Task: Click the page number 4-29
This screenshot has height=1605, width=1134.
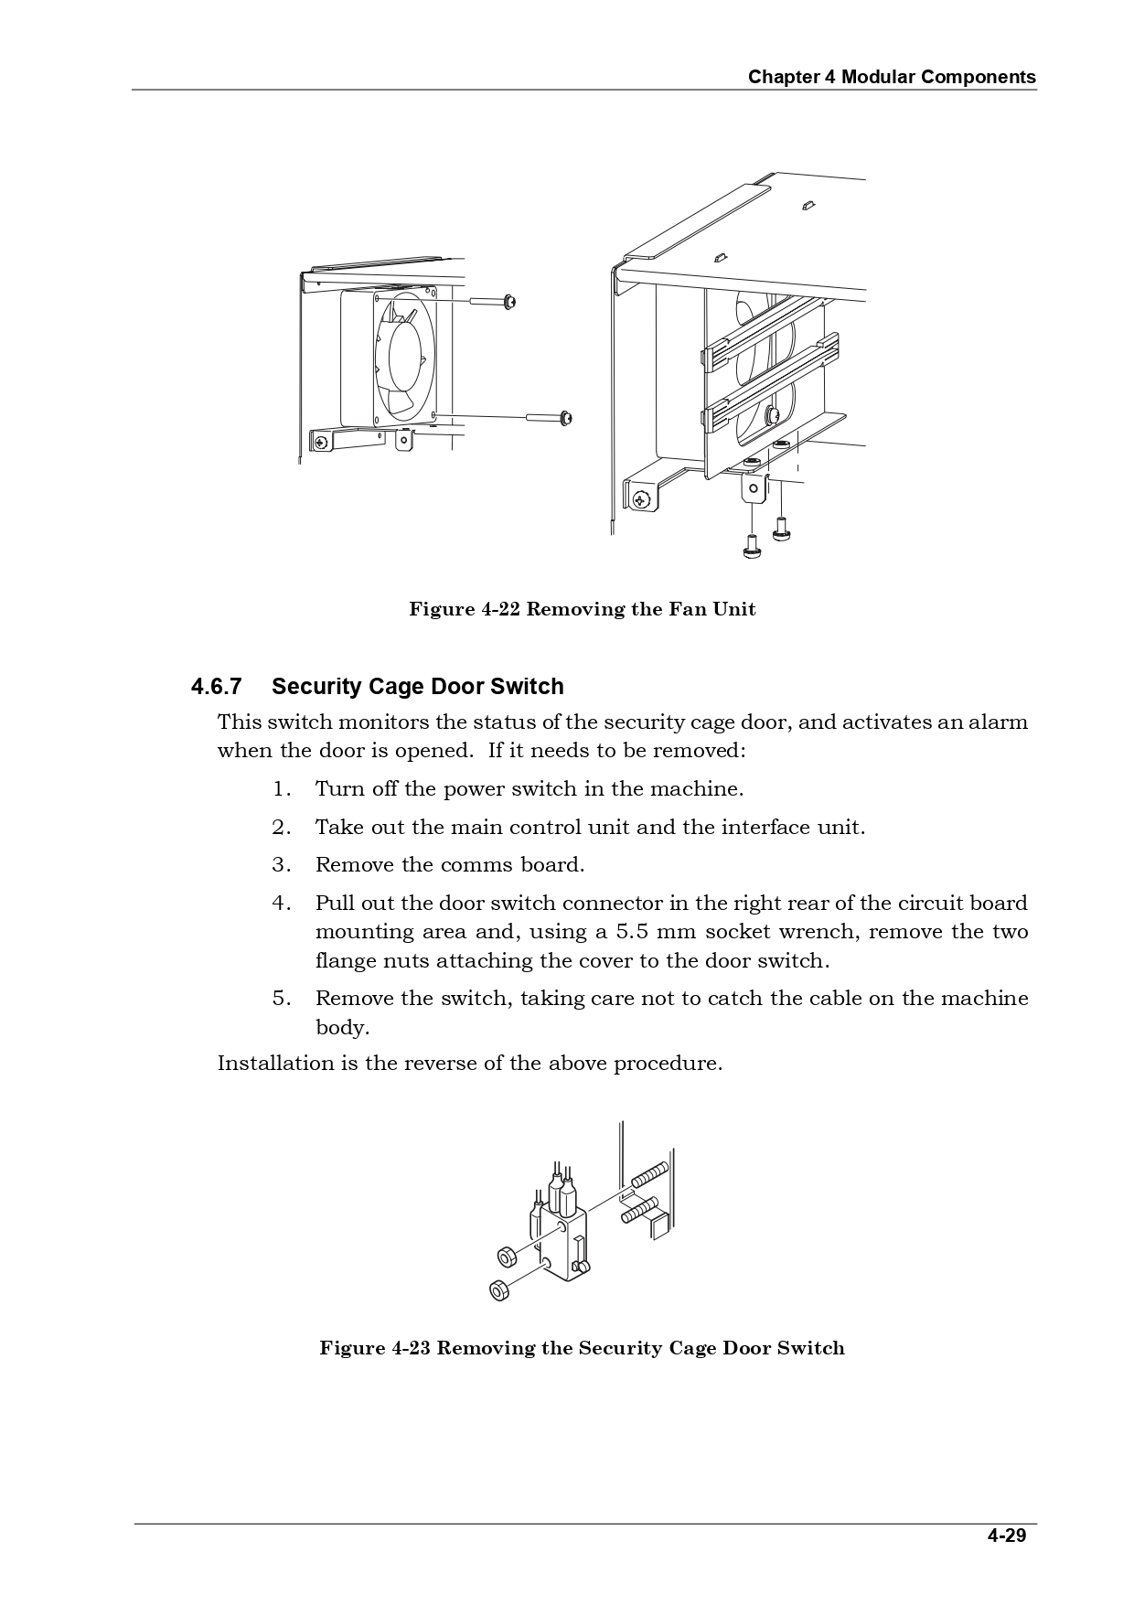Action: coord(1006,1535)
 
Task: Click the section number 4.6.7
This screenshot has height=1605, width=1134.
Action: coord(216,687)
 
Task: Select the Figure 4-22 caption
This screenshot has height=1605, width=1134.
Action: coord(582,610)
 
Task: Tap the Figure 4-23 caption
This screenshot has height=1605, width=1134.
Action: coord(582,1348)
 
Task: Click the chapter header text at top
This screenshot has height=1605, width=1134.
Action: coord(892,77)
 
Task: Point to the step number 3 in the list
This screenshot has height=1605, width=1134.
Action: coord(281,865)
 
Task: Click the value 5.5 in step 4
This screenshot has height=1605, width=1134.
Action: coord(634,932)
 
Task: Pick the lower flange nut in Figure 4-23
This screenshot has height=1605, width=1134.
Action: coord(498,1289)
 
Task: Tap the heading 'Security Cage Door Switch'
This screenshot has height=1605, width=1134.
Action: coord(417,687)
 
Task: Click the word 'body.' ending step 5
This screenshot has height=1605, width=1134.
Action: coord(342,1028)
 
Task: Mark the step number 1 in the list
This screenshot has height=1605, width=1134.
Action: coord(281,789)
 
